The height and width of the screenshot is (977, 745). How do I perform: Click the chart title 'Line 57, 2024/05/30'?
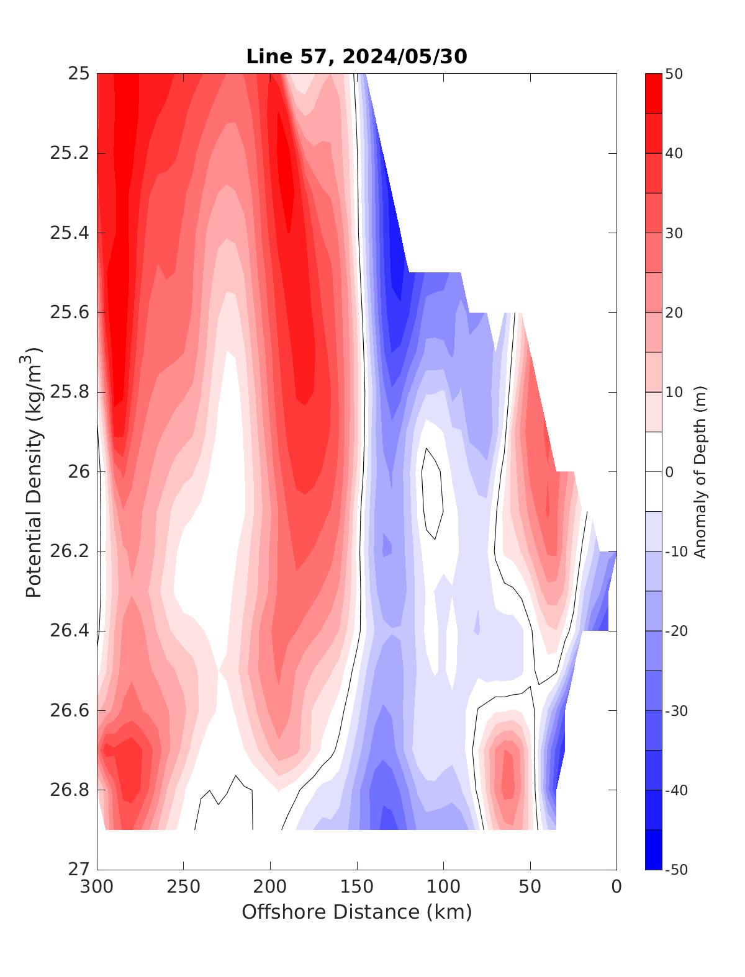tap(356, 56)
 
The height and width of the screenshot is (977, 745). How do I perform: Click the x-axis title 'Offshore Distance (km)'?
tap(356, 912)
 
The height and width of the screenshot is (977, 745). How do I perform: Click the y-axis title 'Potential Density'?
tap(34, 471)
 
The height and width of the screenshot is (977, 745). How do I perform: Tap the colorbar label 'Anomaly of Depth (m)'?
tap(700, 471)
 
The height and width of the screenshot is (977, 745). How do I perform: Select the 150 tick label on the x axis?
tap(357, 887)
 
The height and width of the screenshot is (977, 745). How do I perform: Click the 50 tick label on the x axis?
tap(530, 887)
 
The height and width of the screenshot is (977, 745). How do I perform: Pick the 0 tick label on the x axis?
tap(616, 887)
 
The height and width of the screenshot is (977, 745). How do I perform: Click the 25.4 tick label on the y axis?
tap(70, 233)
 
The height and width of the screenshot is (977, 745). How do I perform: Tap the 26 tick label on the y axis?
tap(78, 472)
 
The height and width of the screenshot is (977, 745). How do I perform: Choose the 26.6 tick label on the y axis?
tap(70, 710)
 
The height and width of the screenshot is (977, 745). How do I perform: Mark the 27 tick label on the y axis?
tap(78, 870)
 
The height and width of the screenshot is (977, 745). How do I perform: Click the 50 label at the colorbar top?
tap(674, 74)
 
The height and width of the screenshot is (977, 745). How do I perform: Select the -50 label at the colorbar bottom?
tap(675, 870)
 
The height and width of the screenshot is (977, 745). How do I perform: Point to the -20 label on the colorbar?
tap(675, 631)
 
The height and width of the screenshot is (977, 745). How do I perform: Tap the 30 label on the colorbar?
tap(674, 233)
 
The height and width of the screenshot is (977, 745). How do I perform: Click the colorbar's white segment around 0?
tap(653, 471)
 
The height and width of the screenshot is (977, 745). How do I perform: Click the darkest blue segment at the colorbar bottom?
tap(653, 850)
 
